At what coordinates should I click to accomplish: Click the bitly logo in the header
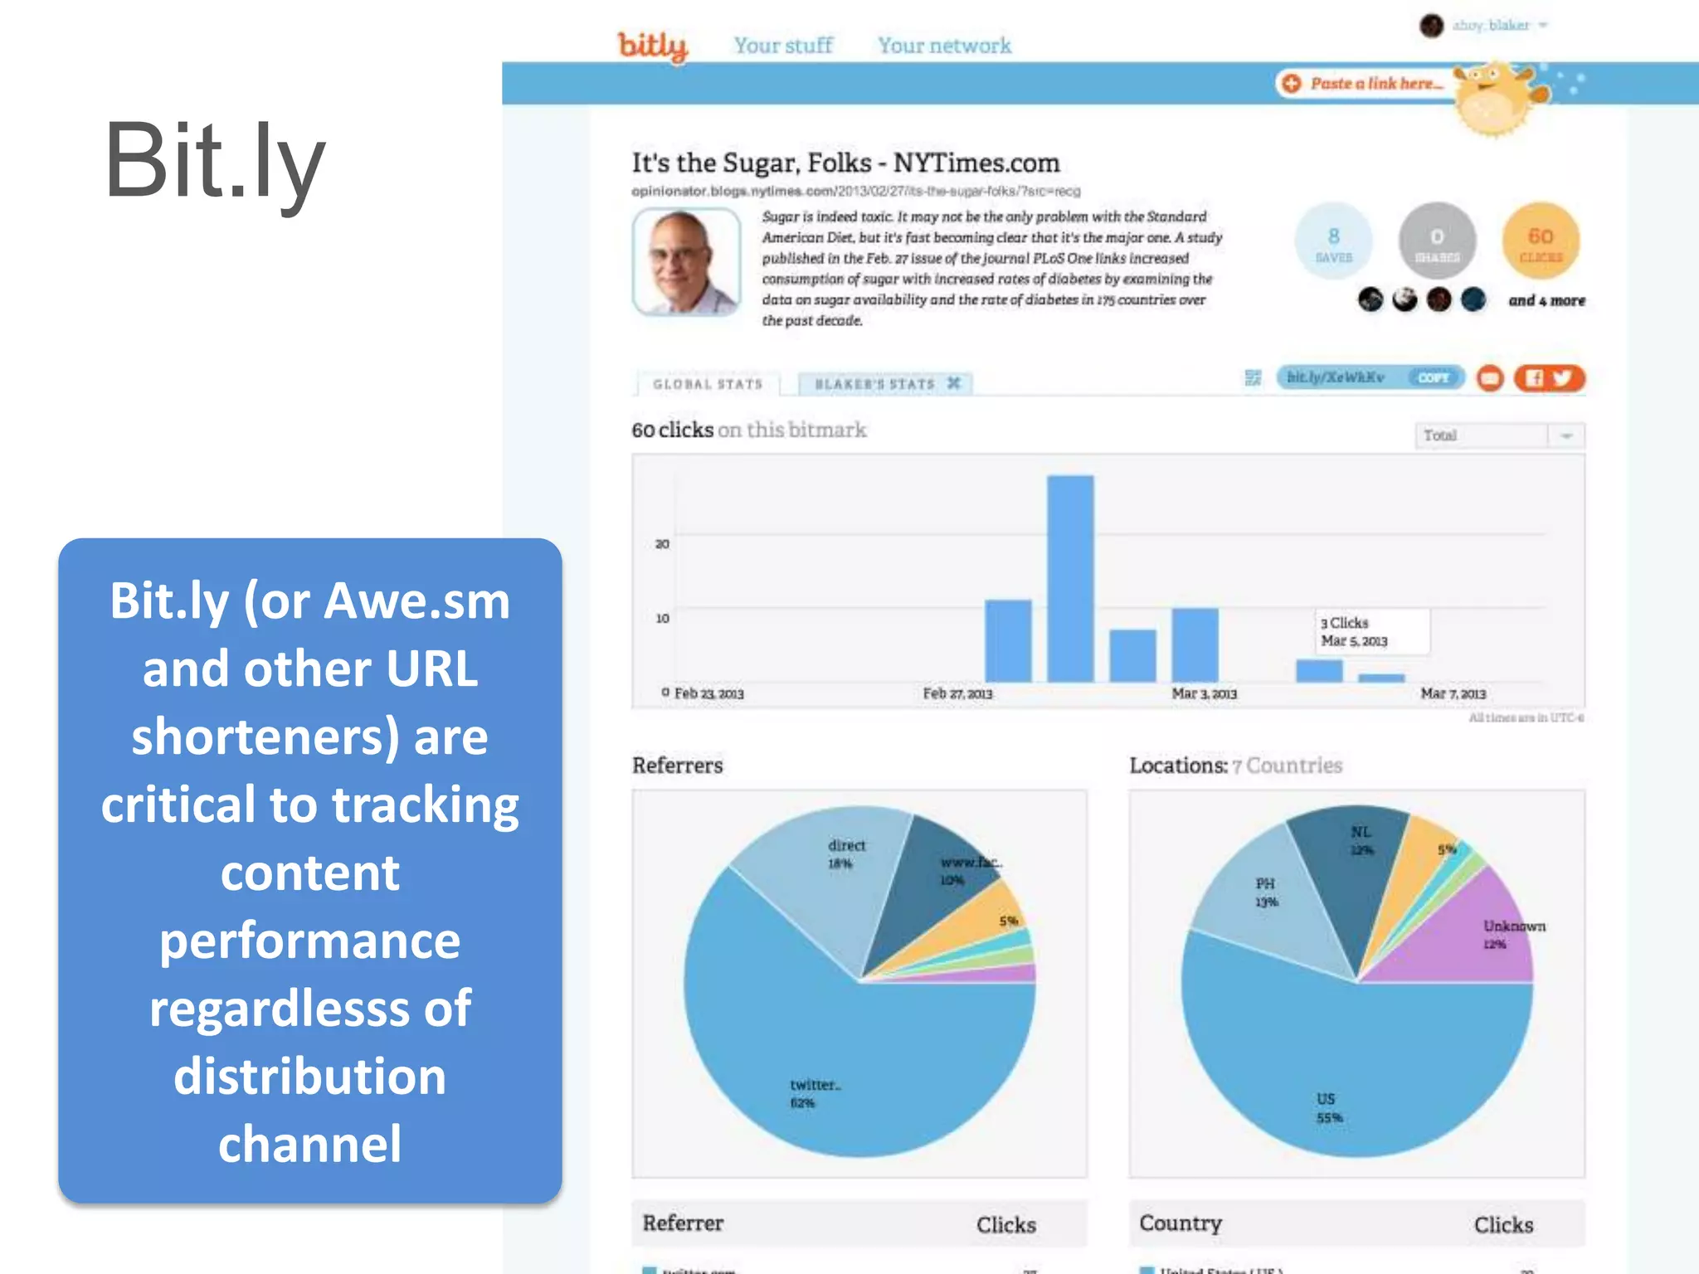[x=653, y=46]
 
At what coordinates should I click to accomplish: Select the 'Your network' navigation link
[x=944, y=46]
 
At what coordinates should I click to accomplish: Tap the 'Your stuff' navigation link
[x=783, y=46]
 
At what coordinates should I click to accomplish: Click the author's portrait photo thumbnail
[x=686, y=261]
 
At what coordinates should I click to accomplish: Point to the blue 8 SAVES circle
[x=1333, y=242]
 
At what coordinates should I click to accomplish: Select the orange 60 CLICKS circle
[x=1541, y=242]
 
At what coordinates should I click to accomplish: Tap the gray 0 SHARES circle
[x=1437, y=242]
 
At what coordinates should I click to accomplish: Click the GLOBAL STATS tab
[x=708, y=384]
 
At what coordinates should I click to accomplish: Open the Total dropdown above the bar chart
[x=1498, y=435]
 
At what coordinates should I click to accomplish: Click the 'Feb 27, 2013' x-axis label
[x=957, y=693]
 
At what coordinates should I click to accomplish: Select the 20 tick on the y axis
[x=662, y=544]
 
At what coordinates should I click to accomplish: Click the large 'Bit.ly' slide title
[x=214, y=161]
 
